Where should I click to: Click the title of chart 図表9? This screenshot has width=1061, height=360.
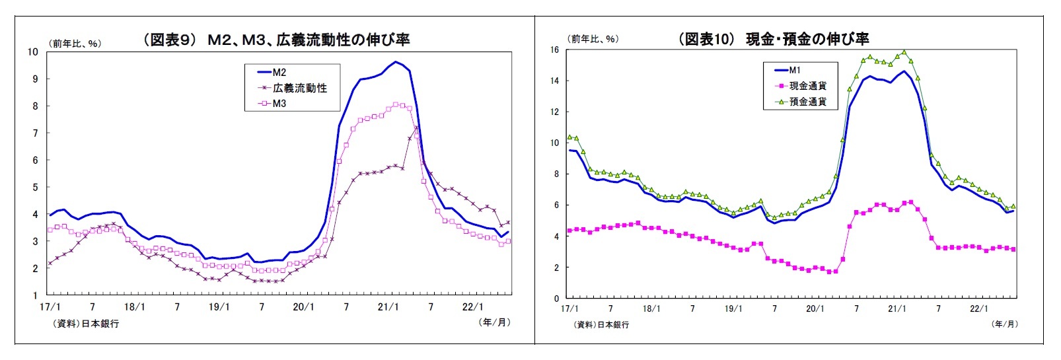[276, 40]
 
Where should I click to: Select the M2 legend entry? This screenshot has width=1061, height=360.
[279, 73]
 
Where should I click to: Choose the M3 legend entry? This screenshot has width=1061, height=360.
[279, 104]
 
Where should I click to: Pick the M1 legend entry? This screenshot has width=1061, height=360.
[795, 70]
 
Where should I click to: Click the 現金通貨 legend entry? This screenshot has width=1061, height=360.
[807, 86]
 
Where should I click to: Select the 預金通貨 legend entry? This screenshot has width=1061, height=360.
[807, 102]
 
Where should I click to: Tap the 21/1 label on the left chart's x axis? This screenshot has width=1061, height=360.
[388, 307]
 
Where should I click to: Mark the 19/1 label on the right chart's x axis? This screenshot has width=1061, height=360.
[733, 308]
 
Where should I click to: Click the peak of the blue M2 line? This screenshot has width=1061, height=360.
[395, 62]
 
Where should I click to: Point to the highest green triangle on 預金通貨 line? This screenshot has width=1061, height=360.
[904, 52]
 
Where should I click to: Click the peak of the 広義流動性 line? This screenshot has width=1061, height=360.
[416, 127]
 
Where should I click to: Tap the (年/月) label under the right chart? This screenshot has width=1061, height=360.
[1004, 324]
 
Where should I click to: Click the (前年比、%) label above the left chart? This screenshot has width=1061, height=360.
[75, 44]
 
